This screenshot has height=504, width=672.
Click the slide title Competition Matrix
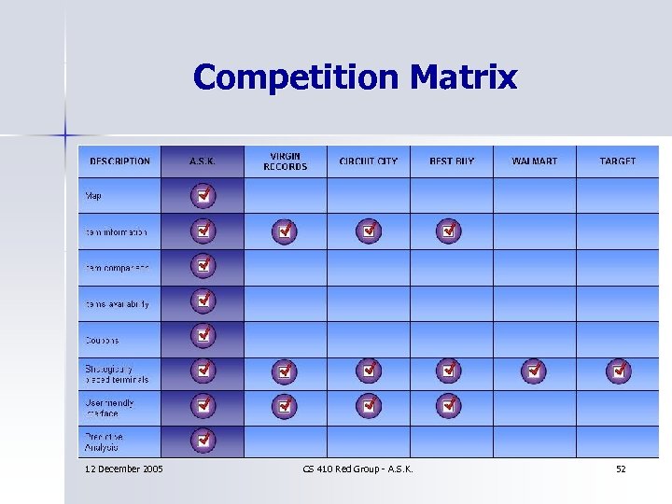355,77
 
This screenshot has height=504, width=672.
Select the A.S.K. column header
203,161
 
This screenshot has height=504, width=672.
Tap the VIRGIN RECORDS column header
285,161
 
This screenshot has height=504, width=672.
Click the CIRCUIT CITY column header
368,161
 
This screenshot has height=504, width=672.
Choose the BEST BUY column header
452,161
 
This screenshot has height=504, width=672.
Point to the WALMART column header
534,161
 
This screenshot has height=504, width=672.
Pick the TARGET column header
618,161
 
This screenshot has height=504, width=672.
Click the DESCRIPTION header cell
119,161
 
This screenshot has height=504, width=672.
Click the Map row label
94,196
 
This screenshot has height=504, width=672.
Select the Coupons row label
103,341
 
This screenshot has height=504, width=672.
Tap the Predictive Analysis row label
105,441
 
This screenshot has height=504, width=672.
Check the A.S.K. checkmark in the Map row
203,196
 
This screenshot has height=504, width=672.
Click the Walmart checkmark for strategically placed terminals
534,371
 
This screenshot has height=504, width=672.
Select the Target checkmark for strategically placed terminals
618,371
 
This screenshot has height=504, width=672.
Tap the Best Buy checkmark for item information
450,230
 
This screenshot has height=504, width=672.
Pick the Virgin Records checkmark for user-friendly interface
285,406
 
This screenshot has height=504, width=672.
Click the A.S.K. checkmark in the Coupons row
203,335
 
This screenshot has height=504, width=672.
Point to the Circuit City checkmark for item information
369,230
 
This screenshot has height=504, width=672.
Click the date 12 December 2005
123,469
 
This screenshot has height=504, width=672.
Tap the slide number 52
621,469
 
